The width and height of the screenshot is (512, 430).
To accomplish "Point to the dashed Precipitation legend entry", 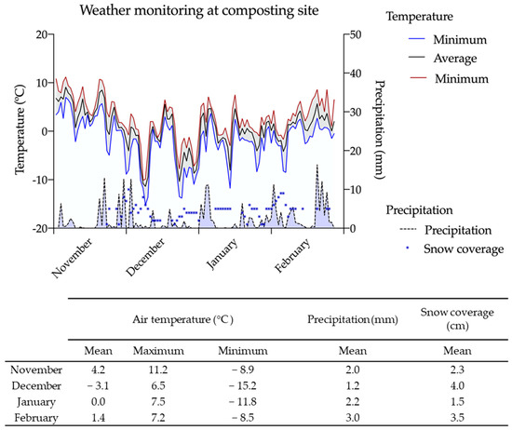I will tap(438, 230).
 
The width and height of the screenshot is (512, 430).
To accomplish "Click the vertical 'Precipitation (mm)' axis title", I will tap(382, 130).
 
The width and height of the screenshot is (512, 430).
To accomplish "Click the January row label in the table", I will tap(35, 401).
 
